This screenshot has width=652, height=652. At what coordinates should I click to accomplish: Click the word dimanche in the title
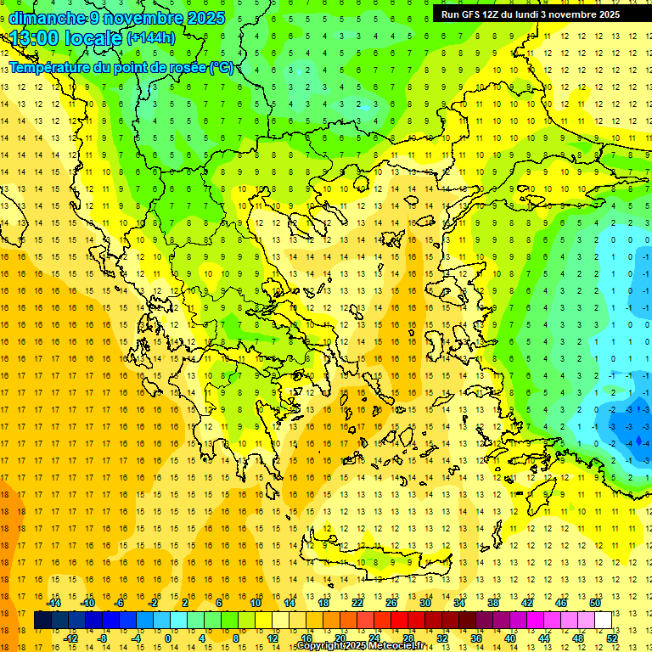coord(42,18)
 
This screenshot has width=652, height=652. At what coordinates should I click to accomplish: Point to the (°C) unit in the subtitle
coord(222,67)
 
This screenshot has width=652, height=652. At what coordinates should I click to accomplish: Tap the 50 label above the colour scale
coord(594,603)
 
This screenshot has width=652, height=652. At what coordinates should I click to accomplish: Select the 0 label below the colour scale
coord(168,638)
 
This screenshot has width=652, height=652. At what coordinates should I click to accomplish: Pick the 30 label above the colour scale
coord(424,603)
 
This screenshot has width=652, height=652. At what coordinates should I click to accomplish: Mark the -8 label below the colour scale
coord(102,638)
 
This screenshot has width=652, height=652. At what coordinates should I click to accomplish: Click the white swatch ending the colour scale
coord(603,621)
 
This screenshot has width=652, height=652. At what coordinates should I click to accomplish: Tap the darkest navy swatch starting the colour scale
coord(42,621)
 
